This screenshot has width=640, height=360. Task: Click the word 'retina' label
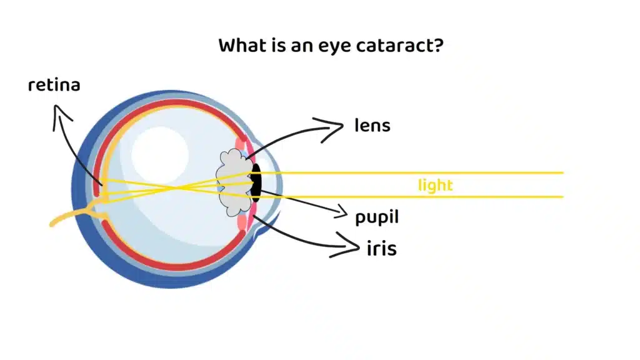[x=54, y=85]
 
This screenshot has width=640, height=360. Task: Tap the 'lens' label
[x=372, y=126]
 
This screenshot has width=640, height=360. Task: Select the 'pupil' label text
[x=377, y=217]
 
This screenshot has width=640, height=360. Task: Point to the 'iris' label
[x=381, y=249]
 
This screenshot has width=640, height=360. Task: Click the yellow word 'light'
[x=435, y=186]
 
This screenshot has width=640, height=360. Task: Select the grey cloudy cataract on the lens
[x=232, y=181]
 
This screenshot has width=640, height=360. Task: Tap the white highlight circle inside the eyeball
[x=160, y=154]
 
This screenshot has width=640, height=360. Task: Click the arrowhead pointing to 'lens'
[x=338, y=127]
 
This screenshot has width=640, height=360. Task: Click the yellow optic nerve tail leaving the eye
[x=69, y=218]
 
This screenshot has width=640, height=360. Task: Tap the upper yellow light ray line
[x=437, y=172]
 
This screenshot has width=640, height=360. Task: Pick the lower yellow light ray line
[x=437, y=197]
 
